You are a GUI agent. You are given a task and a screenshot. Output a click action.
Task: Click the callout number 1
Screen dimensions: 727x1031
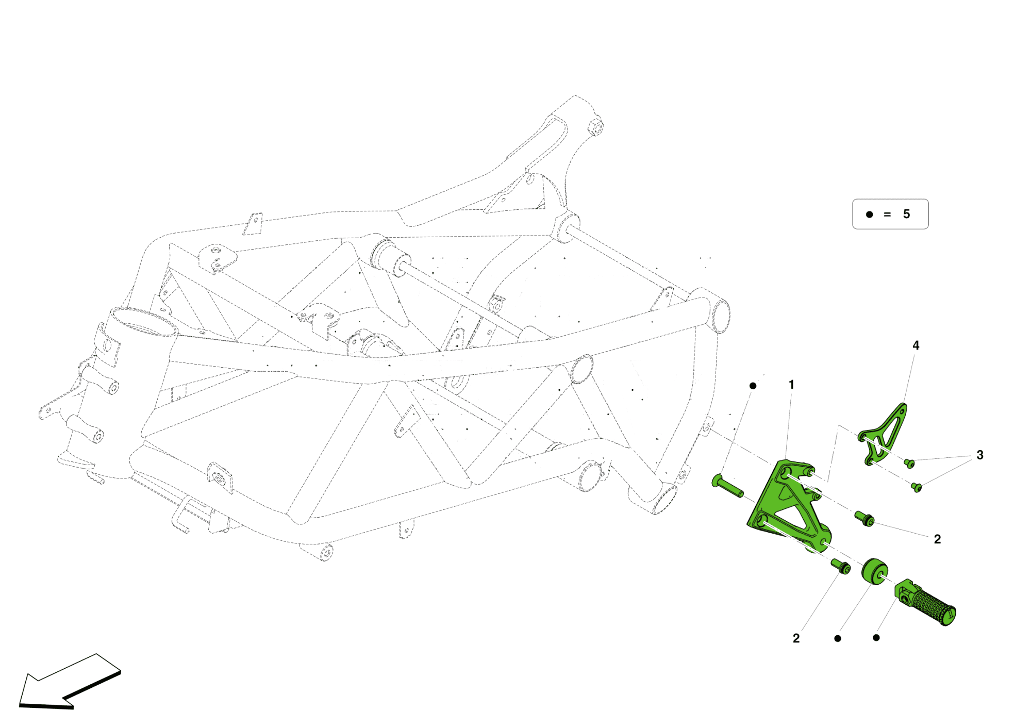tap(791, 385)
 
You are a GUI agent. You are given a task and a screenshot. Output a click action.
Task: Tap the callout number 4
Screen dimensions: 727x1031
tap(916, 345)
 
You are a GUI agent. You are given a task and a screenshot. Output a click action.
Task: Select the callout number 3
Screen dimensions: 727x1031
tap(979, 455)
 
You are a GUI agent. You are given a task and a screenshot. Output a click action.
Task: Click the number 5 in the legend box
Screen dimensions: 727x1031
tap(906, 214)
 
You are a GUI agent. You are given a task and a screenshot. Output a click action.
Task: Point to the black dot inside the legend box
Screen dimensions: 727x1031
tap(869, 214)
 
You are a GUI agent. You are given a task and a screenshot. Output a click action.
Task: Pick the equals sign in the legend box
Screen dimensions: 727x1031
tap(887, 214)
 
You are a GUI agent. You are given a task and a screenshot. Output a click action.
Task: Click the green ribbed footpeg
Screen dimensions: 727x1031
tap(928, 603)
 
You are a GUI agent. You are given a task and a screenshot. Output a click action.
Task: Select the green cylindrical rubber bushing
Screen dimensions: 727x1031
tap(875, 571)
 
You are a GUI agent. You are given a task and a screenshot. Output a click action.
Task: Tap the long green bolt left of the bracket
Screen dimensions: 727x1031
tap(727, 486)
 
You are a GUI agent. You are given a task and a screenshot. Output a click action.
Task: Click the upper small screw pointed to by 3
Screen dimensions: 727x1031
tap(909, 464)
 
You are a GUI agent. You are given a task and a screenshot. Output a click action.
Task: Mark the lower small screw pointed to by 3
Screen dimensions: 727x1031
tap(916, 487)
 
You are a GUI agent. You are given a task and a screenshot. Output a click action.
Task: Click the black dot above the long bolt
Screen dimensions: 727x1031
tap(753, 386)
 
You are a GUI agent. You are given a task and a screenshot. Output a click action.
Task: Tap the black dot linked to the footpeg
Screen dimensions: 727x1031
tap(876, 638)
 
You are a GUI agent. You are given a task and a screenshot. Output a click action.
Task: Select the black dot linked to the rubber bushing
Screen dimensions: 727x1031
tap(838, 638)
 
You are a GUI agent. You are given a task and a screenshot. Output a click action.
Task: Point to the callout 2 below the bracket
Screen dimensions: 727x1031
tap(796, 638)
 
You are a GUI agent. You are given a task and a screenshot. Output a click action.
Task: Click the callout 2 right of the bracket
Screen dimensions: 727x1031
tap(937, 539)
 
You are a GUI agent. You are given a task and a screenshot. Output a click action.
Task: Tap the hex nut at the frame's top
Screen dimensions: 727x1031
tap(595, 126)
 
